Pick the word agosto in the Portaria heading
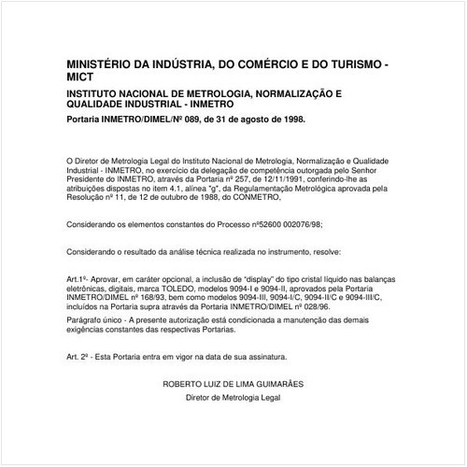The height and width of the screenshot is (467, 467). tap(250, 121)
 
